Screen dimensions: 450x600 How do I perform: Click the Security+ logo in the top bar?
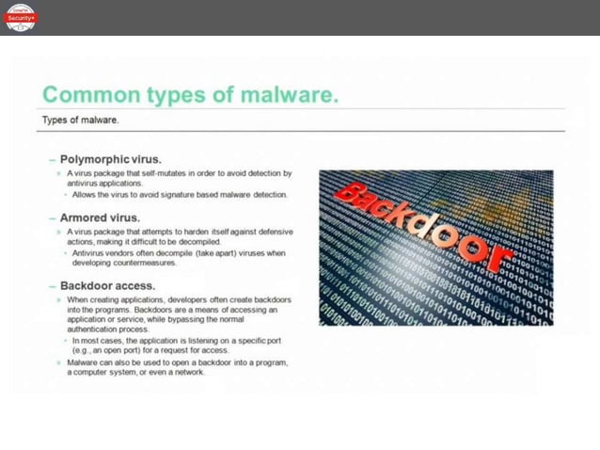(x=20, y=17)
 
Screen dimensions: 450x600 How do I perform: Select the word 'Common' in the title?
(x=87, y=96)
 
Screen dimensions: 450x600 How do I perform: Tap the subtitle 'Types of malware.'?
(x=81, y=121)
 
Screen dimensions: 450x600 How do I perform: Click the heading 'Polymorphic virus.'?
(x=111, y=159)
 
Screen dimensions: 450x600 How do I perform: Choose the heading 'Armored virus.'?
(x=102, y=217)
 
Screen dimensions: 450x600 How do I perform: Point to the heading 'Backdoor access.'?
(x=107, y=285)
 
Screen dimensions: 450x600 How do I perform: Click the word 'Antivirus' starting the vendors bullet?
(x=91, y=253)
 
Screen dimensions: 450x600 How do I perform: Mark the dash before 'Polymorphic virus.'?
(x=53, y=159)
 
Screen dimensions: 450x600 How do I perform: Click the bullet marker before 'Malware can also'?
(x=59, y=362)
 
